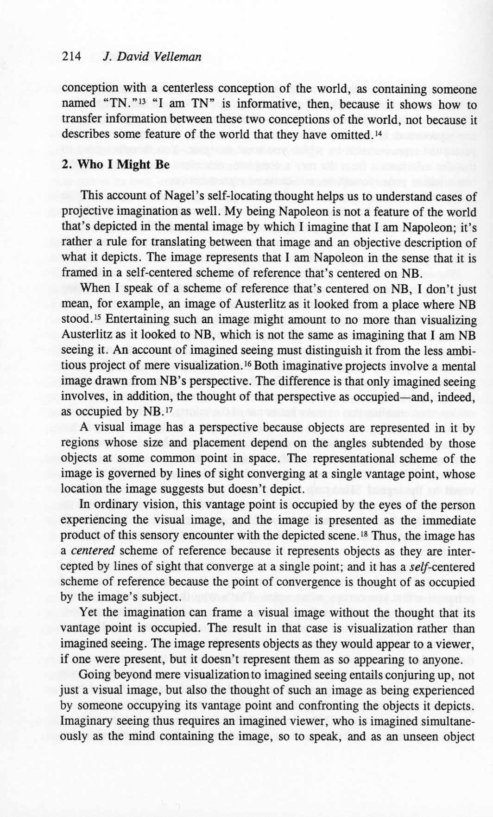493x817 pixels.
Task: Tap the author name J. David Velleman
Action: click(x=152, y=57)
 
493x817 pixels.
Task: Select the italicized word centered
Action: click(x=93, y=551)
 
